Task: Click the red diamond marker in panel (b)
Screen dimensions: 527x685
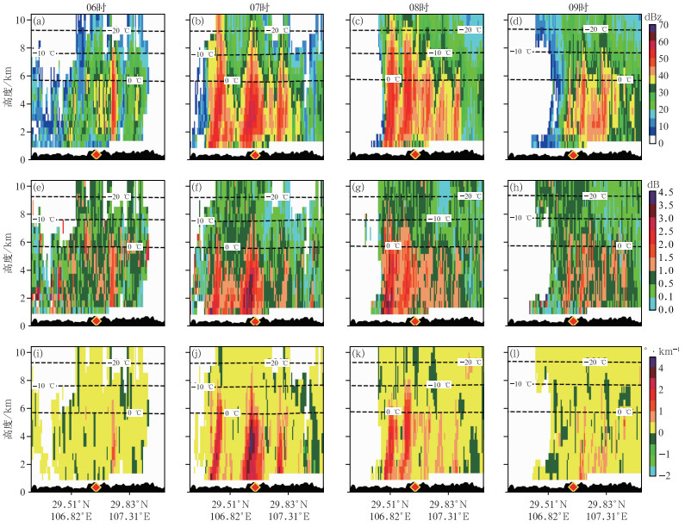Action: click(x=254, y=154)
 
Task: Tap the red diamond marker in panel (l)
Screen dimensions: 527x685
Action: click(x=573, y=487)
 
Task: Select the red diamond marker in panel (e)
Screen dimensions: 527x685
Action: click(x=96, y=320)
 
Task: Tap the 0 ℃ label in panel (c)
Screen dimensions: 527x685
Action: click(x=393, y=79)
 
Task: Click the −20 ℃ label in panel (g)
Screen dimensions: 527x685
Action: click(x=470, y=196)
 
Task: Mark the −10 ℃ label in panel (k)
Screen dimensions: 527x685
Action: click(x=440, y=385)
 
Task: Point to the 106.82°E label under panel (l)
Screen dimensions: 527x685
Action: click(x=551, y=518)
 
